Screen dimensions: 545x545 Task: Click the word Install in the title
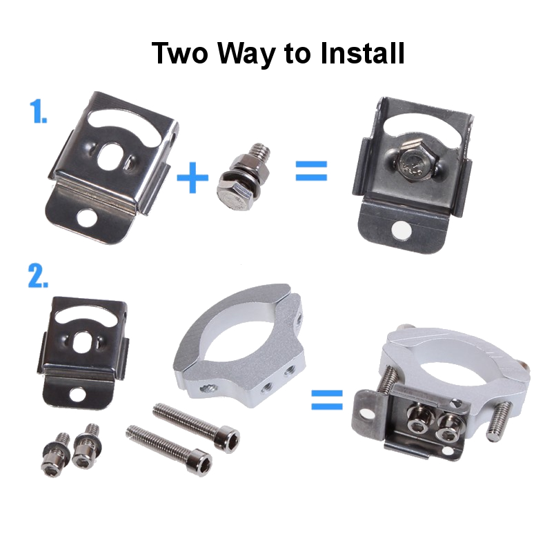click(x=362, y=53)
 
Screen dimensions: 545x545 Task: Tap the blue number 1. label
click(x=38, y=111)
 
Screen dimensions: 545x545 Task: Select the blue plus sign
click(x=192, y=177)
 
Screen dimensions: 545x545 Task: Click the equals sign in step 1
click(x=311, y=170)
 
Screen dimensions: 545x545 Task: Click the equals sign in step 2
click(x=327, y=399)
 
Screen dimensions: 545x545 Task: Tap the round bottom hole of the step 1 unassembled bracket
click(x=87, y=218)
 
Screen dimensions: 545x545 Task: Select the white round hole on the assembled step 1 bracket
click(x=402, y=230)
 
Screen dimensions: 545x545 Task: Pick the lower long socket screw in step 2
click(x=169, y=448)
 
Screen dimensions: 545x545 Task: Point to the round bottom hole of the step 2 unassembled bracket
click(x=77, y=395)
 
